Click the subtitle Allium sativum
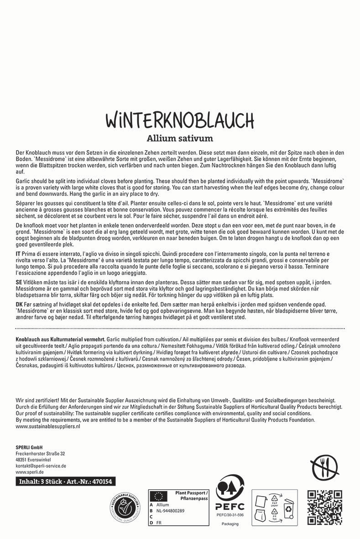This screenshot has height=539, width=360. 180,138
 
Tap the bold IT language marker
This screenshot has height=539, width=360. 19,253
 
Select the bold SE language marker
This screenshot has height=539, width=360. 19,283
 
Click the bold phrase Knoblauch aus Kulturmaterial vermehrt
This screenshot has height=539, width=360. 60,340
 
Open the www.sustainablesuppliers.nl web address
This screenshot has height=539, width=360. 48,426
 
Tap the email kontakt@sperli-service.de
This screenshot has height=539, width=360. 41,466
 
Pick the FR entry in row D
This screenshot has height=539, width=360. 159,523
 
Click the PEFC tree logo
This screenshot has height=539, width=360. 230,489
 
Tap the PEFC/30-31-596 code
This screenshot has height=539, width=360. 230,515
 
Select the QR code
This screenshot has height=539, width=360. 325,507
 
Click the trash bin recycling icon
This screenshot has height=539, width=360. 289,508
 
